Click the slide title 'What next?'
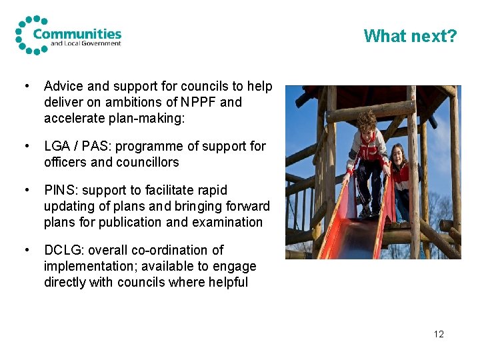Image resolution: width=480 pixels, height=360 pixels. coord(410,35)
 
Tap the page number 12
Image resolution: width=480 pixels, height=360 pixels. coord(438,334)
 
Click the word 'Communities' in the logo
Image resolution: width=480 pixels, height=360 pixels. coord(77,33)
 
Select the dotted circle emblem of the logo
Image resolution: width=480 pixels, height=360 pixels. coord(28,35)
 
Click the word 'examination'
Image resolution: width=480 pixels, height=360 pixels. coord(229,222)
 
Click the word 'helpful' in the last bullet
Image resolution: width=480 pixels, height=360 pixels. coord(226,282)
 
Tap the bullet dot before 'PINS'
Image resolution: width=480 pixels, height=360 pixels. coord(26,190)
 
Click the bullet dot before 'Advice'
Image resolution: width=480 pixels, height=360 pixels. coord(26,86)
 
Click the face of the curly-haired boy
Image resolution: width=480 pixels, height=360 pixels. coord(367,125)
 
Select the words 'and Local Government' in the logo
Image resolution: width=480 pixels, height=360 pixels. coord(86,44)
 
